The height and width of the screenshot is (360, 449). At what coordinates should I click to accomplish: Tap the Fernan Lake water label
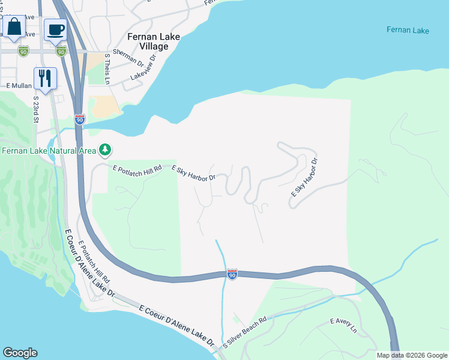[x=408, y=29]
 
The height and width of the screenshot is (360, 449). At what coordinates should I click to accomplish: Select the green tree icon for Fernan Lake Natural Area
[x=105, y=149]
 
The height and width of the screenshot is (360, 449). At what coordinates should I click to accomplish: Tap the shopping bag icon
[x=14, y=28]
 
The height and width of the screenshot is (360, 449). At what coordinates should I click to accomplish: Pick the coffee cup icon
[x=56, y=29]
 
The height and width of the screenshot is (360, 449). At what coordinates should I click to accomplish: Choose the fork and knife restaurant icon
[x=45, y=77]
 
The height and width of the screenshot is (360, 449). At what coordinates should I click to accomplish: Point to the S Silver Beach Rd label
[x=244, y=333]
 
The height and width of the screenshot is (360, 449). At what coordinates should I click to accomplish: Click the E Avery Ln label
[x=343, y=326]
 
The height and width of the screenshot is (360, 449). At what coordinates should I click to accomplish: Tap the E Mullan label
[x=19, y=86]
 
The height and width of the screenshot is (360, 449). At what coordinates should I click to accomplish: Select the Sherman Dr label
[x=128, y=59]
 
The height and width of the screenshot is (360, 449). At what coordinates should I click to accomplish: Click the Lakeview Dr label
[x=143, y=68]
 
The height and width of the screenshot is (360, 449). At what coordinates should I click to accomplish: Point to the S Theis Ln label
[x=107, y=68]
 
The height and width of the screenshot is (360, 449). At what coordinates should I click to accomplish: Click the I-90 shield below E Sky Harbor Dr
[x=232, y=274]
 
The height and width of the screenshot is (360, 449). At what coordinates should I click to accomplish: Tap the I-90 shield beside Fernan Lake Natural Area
[x=80, y=119]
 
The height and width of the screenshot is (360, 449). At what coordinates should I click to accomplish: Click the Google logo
[x=20, y=353]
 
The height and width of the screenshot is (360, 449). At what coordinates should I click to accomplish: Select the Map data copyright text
[x=412, y=355]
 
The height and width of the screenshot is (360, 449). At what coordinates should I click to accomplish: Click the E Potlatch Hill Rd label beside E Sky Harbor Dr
[x=137, y=169]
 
